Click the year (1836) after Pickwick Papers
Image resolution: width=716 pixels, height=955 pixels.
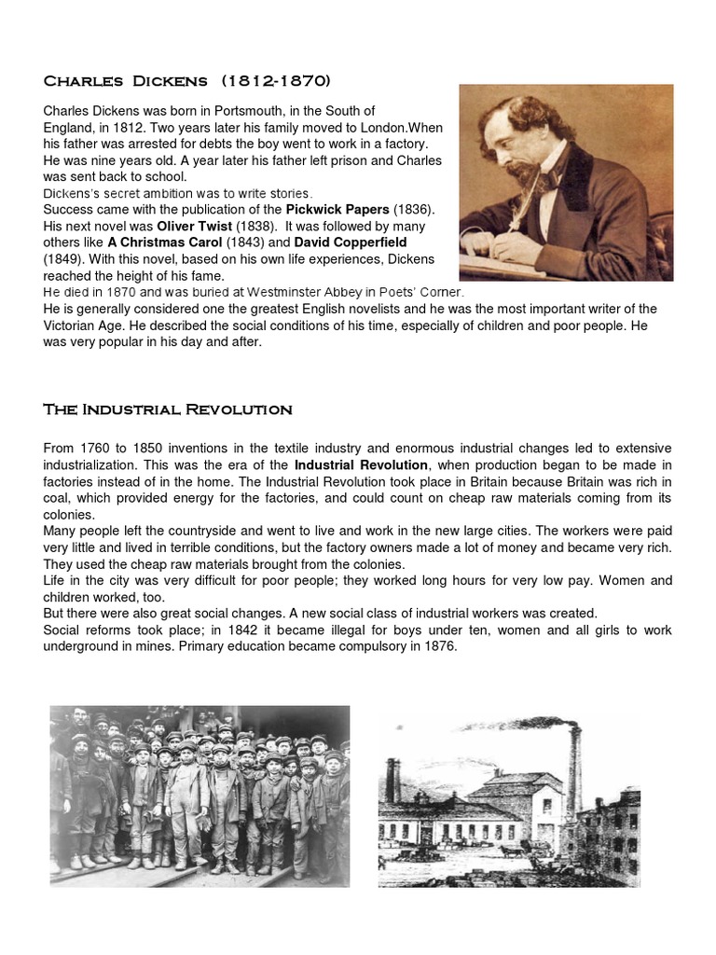pyautogui.click(x=410, y=211)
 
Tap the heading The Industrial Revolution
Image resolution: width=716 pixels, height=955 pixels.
pyautogui.click(x=168, y=409)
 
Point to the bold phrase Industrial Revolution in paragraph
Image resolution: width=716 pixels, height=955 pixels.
pyautogui.click(x=361, y=464)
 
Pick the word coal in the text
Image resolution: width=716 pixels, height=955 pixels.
pyautogui.click(x=58, y=497)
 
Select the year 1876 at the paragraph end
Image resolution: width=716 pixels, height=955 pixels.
pyautogui.click(x=438, y=646)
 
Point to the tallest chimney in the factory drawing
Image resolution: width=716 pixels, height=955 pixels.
pyautogui.click(x=575, y=774)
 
